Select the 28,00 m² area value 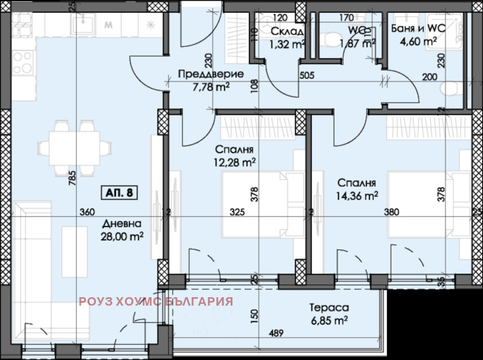122,237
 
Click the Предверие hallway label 211,74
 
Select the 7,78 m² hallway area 206,88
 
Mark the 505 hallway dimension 308,76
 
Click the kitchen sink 80,24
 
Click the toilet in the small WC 331,38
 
